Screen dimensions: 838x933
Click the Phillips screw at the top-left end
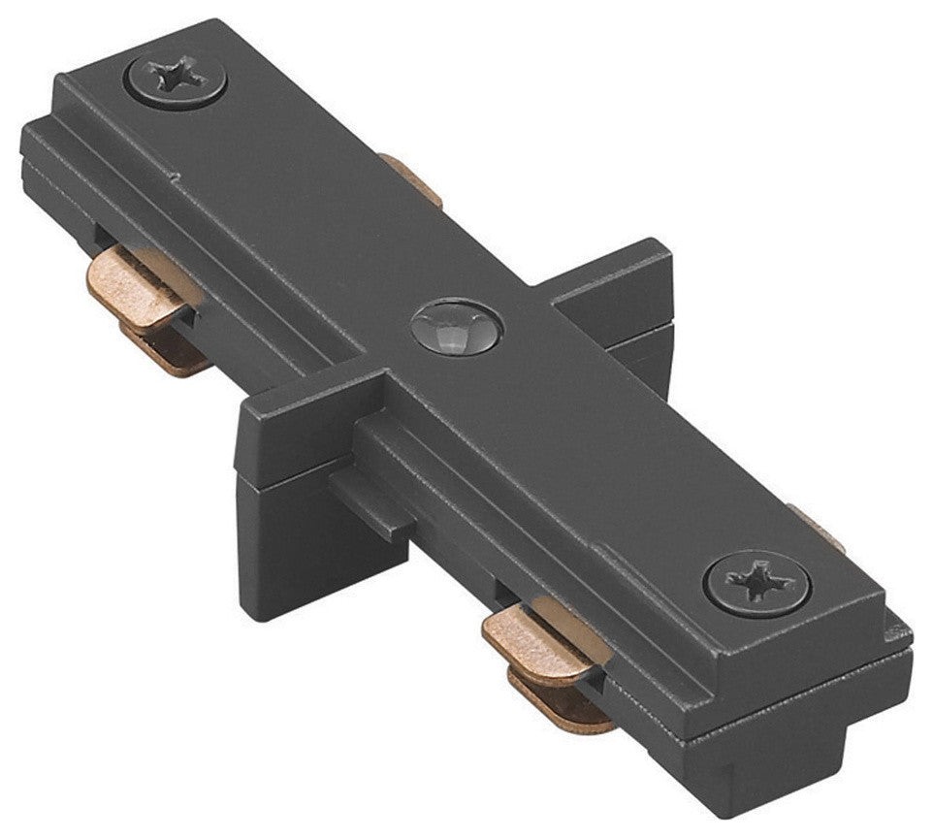click(177, 80)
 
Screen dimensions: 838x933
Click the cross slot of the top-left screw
click(176, 78)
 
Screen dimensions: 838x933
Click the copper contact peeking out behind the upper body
click(411, 179)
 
